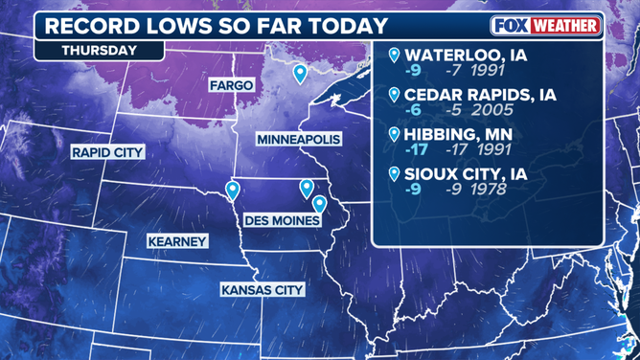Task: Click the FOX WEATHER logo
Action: click(x=545, y=26)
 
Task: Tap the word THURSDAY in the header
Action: click(x=100, y=50)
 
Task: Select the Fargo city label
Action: click(x=231, y=86)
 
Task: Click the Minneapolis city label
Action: click(x=298, y=140)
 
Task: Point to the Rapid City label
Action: click(x=107, y=152)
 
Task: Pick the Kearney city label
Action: click(x=177, y=242)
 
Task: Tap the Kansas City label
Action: click(x=262, y=289)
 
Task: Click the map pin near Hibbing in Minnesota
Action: click(x=300, y=73)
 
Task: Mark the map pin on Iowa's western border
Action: click(x=231, y=191)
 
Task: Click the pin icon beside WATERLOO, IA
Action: click(x=393, y=56)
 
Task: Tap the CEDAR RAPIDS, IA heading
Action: click(x=481, y=95)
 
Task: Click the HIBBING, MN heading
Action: click(x=459, y=134)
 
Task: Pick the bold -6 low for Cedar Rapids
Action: click(x=413, y=110)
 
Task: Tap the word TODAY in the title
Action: click(x=343, y=25)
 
